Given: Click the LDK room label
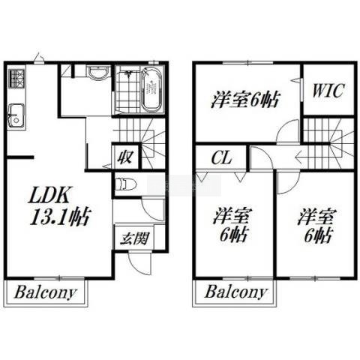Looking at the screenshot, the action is coord(49,195).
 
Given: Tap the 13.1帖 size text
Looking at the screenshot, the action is coord(60,217).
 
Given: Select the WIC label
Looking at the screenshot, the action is coord(328,91).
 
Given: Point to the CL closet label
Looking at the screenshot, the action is coord(222,157).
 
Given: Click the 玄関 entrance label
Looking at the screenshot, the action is coord(134,238).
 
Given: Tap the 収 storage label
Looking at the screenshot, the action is coord(125,157).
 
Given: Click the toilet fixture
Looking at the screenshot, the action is coord(126,184).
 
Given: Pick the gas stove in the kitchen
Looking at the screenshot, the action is coord(16,79).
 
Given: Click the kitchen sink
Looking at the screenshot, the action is coord(16,116).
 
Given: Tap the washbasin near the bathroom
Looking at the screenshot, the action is coord(98,72).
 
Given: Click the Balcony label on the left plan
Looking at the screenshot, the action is coord(45,292).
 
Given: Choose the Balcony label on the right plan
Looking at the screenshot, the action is coord(235,292).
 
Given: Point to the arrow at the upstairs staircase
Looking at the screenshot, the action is coord(310,157).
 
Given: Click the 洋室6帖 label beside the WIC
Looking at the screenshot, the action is coord(244,99).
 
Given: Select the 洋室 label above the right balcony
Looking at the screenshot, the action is coord(232,216).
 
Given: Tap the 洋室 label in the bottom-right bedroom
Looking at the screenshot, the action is coord(316,216).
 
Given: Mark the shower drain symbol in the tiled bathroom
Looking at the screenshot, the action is coord(129,73).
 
